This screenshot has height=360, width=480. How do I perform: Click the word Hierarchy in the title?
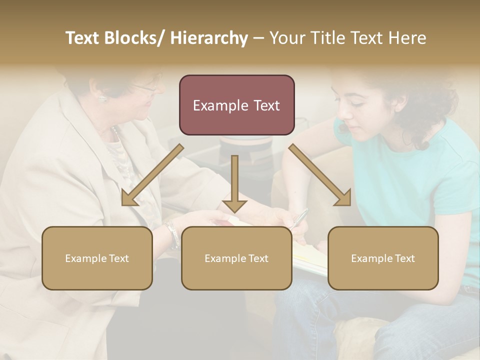coord(209,38)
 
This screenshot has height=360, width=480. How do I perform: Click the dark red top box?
coord(236,105)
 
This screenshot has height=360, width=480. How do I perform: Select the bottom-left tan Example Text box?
coord(97,258)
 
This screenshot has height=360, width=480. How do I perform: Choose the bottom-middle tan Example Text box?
coord(236,258)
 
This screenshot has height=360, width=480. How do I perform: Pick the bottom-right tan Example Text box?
coord(383,258)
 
